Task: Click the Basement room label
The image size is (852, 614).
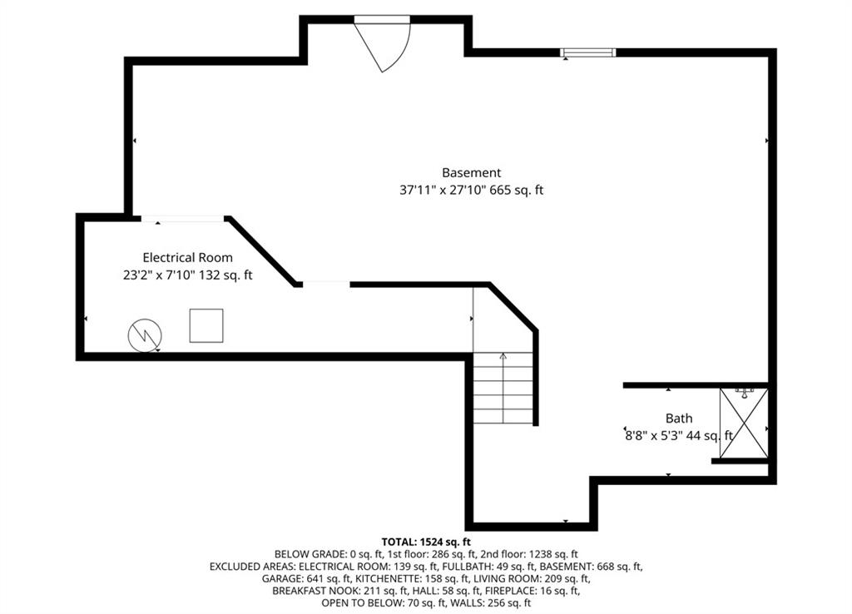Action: pos(471,173)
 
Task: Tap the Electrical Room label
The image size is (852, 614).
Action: pos(187,258)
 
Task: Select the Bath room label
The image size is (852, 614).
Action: pos(679,418)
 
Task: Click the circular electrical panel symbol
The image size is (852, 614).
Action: pos(145,334)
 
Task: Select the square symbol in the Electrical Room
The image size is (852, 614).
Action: pos(206,325)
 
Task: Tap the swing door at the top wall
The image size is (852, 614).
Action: pos(382,43)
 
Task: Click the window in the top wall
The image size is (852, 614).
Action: pos(588,52)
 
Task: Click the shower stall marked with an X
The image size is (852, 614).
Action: pos(744,423)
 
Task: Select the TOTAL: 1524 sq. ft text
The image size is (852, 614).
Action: pos(426,542)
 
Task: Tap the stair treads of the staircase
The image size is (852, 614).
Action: pos(503,388)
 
